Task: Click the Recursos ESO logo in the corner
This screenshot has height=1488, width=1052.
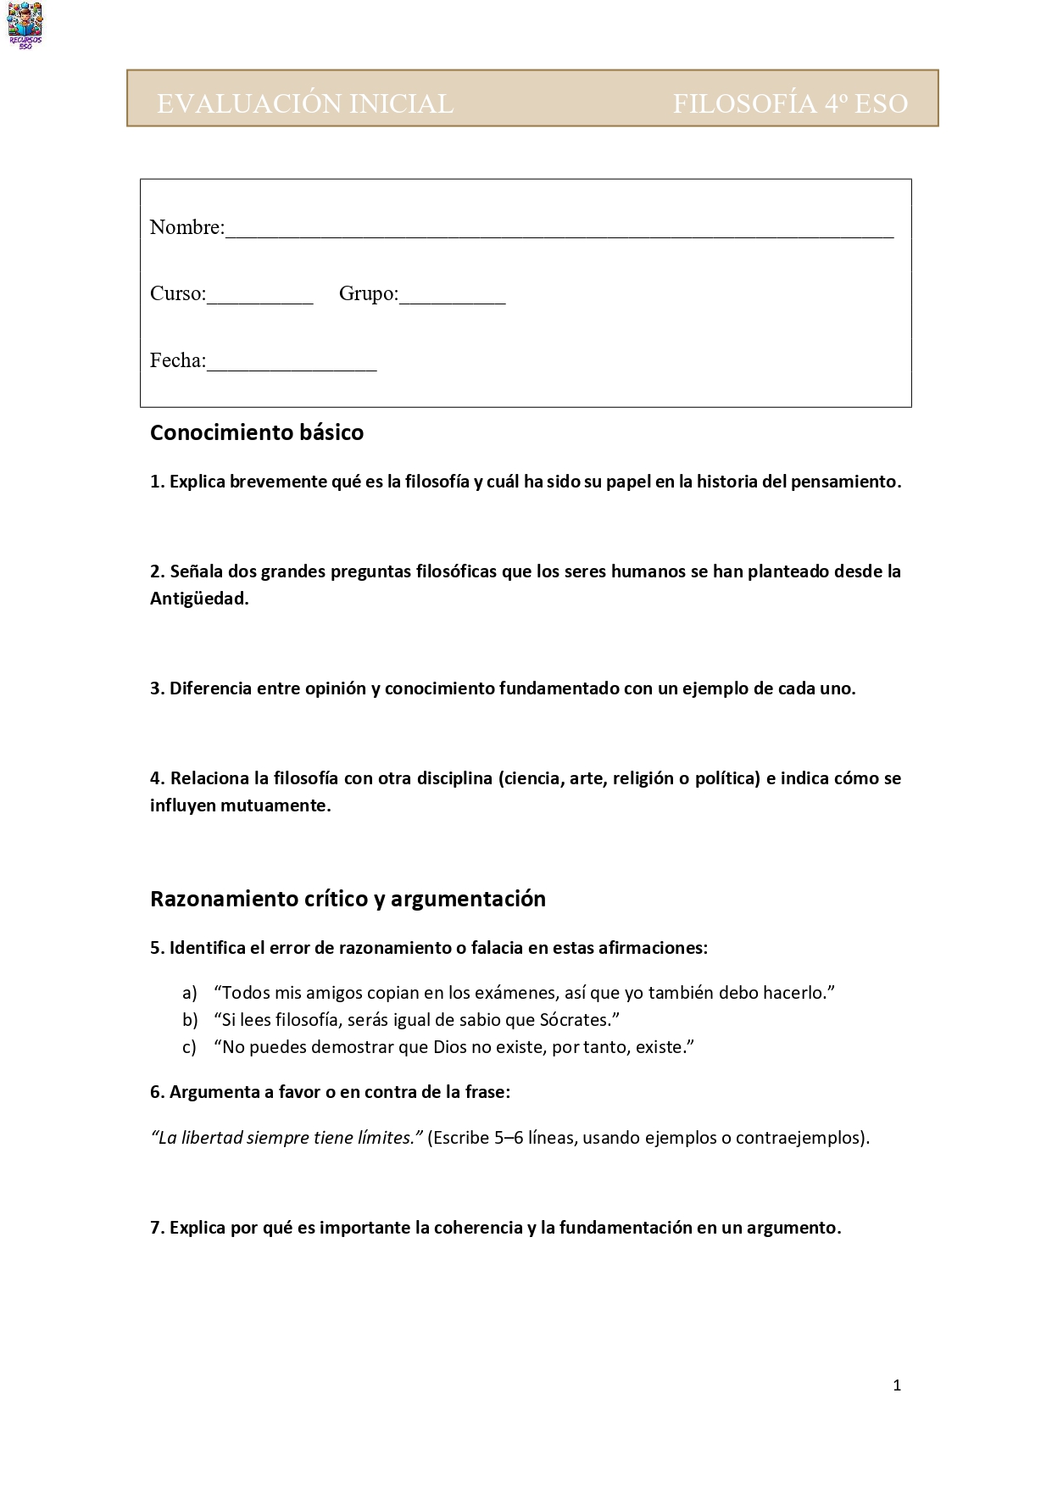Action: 25,25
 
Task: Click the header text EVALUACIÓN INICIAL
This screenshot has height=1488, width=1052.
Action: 305,103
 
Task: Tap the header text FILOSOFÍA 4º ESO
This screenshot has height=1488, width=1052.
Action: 790,103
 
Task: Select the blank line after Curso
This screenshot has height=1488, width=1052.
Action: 260,298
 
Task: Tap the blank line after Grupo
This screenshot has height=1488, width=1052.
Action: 452,298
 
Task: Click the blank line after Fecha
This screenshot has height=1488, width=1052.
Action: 292,365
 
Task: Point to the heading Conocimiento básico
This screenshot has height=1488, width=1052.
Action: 257,432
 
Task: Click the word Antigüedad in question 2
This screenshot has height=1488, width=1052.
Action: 199,599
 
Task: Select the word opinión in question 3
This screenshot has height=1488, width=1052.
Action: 336,688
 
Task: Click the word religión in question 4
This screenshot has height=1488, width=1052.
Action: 643,778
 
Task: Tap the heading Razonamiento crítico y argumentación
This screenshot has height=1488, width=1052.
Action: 348,899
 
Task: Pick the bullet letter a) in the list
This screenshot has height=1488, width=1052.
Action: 190,993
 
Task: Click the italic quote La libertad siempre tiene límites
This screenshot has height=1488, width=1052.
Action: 287,1138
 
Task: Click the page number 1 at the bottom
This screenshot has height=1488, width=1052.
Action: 897,1385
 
